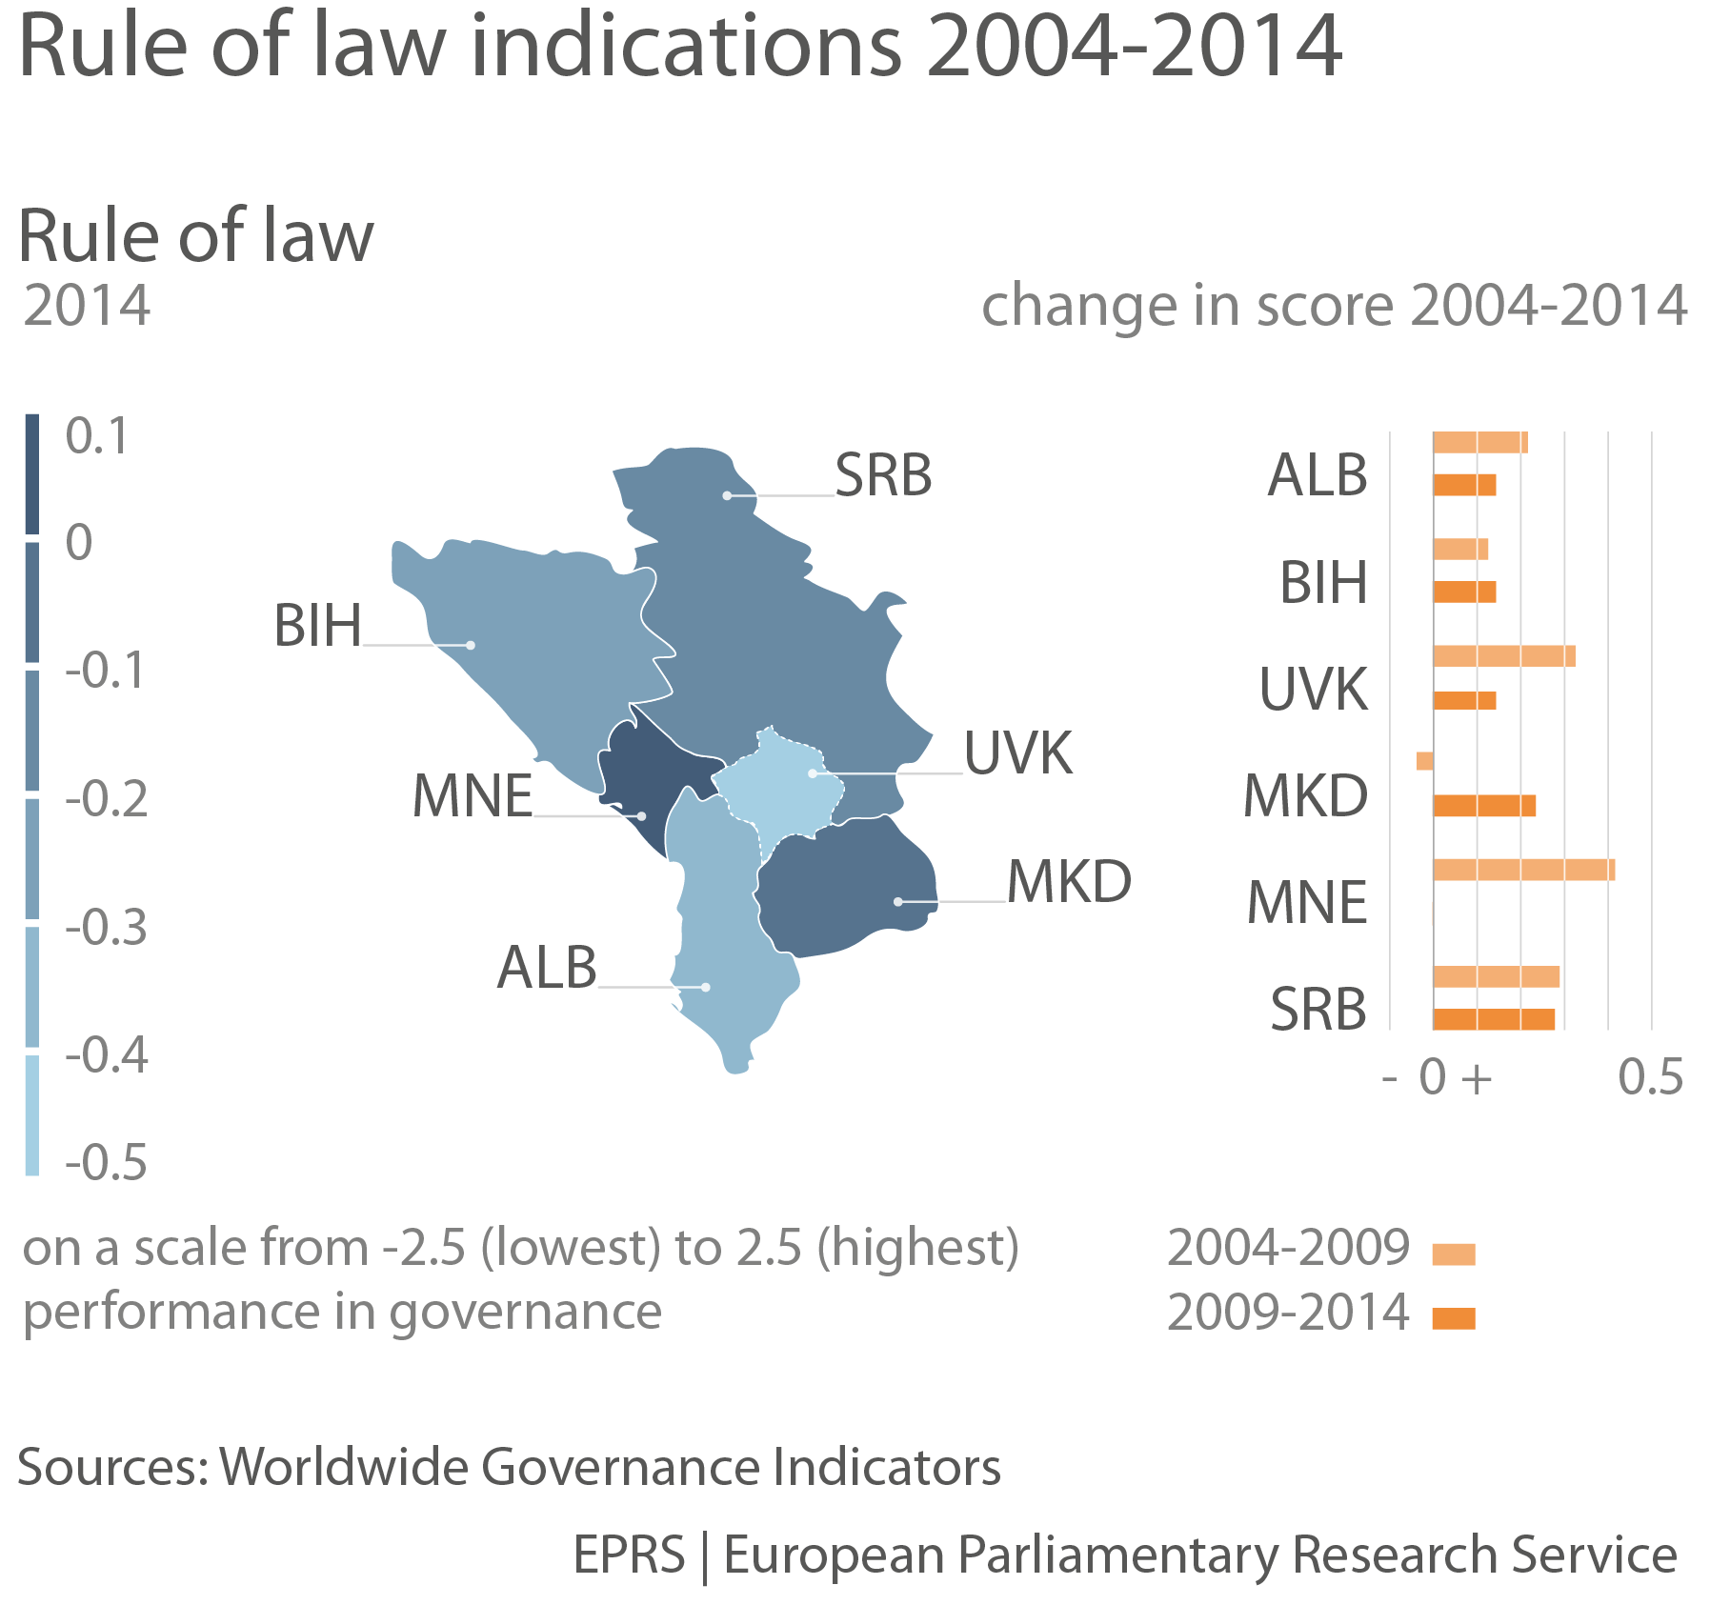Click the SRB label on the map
click(883, 475)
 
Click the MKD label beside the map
click(1069, 882)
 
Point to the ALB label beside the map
click(547, 968)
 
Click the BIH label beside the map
click(317, 627)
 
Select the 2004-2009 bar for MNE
click(1523, 870)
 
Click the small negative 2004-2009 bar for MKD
click(1424, 761)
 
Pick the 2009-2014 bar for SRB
click(1493, 1019)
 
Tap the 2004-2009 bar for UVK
click(1503, 656)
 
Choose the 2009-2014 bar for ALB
click(1464, 485)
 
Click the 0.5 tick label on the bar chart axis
click(1650, 1077)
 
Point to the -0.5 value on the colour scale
click(106, 1163)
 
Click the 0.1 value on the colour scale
click(96, 437)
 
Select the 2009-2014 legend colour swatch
click(1454, 1318)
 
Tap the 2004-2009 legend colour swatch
click(1454, 1254)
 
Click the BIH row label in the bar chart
click(1323, 583)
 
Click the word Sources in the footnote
click(111, 1468)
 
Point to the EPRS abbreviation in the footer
click(629, 1555)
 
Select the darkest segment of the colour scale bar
click(32, 474)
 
